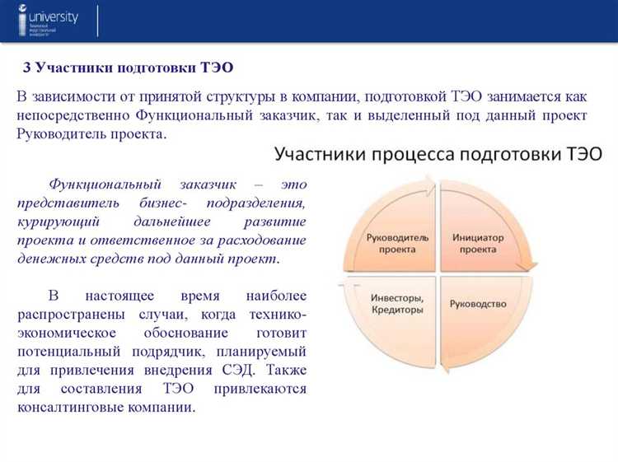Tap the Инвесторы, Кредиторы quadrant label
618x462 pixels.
(x=396, y=304)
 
